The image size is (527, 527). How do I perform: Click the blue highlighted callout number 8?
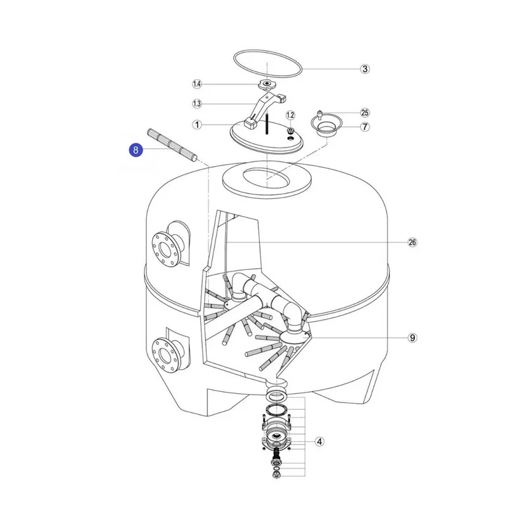point(136,150)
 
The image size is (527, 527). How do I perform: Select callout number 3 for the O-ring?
point(365,69)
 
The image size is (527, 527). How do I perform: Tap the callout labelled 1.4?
point(197,84)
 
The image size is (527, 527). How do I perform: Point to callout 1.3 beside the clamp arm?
point(197,104)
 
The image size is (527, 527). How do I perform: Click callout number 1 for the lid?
point(197,125)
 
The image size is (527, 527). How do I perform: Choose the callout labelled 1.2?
point(291,115)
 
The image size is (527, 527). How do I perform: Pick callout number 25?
point(365,113)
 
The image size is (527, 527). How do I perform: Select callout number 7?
point(365,127)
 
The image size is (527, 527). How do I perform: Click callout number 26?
point(412,242)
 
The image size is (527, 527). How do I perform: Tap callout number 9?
point(412,337)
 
